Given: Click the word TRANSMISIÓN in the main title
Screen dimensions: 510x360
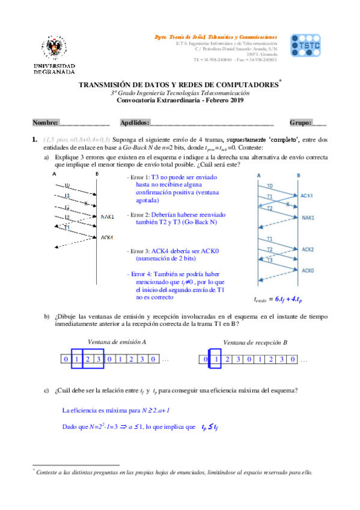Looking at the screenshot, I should click(107, 85).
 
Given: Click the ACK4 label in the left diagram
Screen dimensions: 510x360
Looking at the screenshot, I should click(108, 237).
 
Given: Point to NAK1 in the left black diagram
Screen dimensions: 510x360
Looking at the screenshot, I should click(108, 216).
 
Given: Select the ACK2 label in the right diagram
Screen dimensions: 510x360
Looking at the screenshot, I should click(308, 248).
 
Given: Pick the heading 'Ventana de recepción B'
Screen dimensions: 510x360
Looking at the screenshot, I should click(255, 342).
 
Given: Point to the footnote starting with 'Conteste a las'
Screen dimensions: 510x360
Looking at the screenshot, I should click(174, 472).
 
